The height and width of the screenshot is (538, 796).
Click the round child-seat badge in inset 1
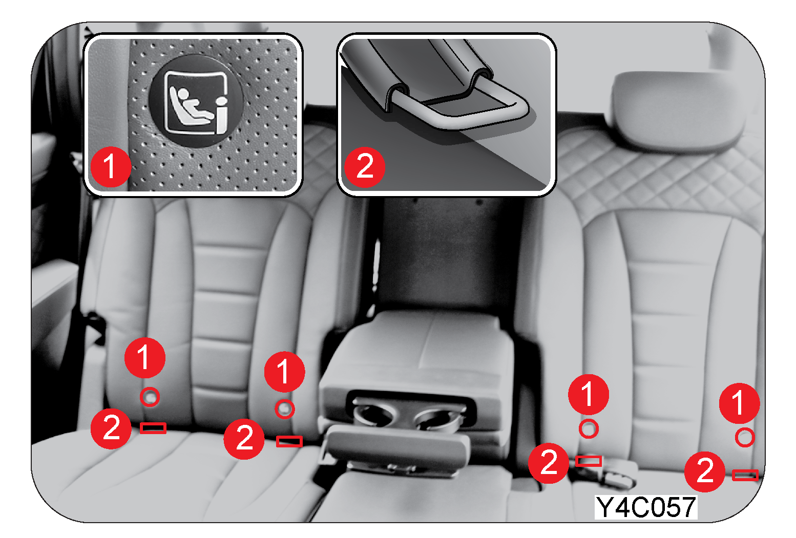tap(196, 100)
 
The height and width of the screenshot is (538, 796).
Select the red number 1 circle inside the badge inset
tap(111, 167)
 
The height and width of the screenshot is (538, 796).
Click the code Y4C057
tap(646, 507)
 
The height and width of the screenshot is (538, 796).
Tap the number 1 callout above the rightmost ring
tap(740, 403)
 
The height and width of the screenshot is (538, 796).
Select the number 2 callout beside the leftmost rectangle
tap(111, 428)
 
